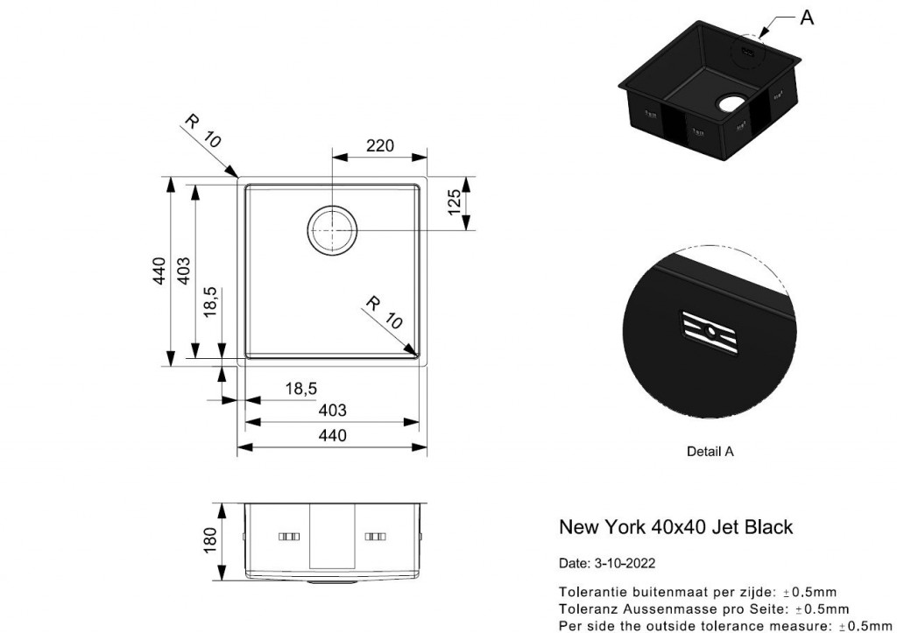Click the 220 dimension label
pos(380,146)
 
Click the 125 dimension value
pos(454,202)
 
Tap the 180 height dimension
pos(210,540)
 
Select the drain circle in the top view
pos(332,230)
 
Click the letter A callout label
pos(807,18)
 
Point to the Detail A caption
pos(710,451)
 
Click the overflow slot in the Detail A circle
pos(710,333)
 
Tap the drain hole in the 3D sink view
pos(730,103)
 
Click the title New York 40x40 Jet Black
pos(675,527)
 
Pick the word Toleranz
pos(583,609)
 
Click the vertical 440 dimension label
pos(159,271)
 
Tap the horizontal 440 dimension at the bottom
pos(332,436)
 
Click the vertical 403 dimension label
pos(184,271)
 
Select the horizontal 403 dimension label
pos(332,411)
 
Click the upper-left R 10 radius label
pos(202,131)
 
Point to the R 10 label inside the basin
pos(384,313)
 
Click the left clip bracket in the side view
pos(289,537)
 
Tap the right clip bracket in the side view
pos(375,537)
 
